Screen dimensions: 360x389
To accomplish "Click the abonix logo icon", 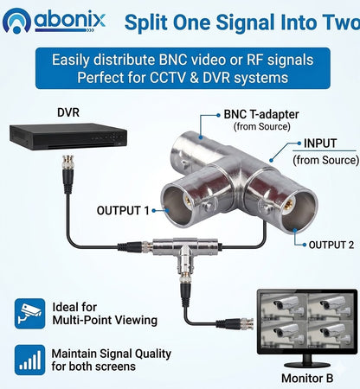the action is point(16,21).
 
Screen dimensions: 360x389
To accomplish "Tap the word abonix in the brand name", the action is point(70,20).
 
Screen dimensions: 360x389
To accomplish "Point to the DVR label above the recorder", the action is point(68,112).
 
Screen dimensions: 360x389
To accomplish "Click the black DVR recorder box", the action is point(68,137).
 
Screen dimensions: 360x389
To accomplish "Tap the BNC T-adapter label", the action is point(261,114).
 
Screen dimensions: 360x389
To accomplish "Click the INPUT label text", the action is point(320,143).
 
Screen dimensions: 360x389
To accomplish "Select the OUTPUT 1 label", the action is point(123,211).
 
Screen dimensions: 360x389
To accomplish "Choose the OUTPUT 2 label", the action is point(331,245).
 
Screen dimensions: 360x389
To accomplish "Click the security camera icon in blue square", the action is point(30,314).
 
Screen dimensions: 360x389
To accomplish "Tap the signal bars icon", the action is point(30,360).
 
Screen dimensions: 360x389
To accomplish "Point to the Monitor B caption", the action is point(307,378).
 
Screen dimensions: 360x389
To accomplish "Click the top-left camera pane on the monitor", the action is point(283,307).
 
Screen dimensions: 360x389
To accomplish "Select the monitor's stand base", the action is point(307,364).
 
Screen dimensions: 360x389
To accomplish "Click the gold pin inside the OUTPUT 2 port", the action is point(288,206).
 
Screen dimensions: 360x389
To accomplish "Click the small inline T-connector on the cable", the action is point(184,252).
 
